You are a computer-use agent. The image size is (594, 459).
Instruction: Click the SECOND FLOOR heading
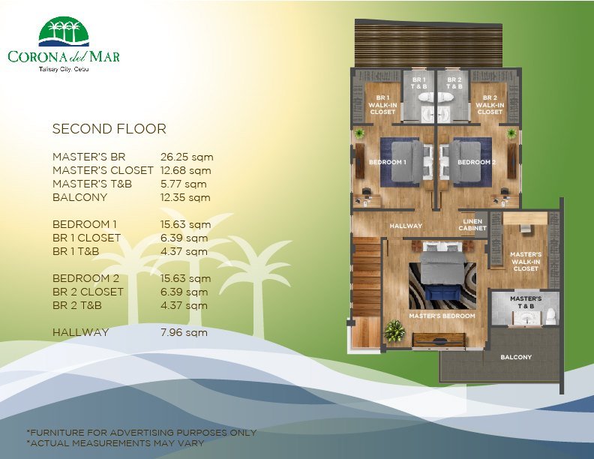pyautogui.click(x=109, y=129)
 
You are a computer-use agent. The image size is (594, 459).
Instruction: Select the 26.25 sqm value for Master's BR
pyautogui.click(x=187, y=157)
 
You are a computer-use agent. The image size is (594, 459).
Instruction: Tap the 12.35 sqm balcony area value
pyautogui.click(x=185, y=197)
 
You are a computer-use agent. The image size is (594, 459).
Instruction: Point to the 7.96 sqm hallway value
pyautogui.click(x=184, y=332)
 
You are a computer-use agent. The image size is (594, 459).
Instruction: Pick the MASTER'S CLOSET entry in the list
pyautogui.click(x=103, y=170)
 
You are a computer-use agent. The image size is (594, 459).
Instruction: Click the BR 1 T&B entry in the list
pyautogui.click(x=76, y=251)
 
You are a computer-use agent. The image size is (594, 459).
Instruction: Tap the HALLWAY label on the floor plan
pyautogui.click(x=406, y=226)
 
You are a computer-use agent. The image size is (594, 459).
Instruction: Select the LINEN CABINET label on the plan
pyautogui.click(x=472, y=224)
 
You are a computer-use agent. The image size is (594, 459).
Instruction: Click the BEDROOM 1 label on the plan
pyautogui.click(x=387, y=163)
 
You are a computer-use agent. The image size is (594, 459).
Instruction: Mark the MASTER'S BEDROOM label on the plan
pyautogui.click(x=442, y=316)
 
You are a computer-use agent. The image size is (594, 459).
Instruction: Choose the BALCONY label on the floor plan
pyautogui.click(x=516, y=357)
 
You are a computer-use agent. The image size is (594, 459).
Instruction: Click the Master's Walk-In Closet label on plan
pyautogui.click(x=526, y=262)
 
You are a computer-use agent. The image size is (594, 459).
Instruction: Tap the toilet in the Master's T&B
pyautogui.click(x=550, y=316)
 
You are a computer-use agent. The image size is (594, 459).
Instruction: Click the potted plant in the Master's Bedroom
pyautogui.click(x=394, y=330)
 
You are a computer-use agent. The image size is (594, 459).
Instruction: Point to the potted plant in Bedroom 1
pyautogui.click(x=359, y=133)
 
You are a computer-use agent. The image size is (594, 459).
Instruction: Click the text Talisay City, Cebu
pyautogui.click(x=64, y=70)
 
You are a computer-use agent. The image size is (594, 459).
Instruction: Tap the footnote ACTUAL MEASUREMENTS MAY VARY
pyautogui.click(x=115, y=442)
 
